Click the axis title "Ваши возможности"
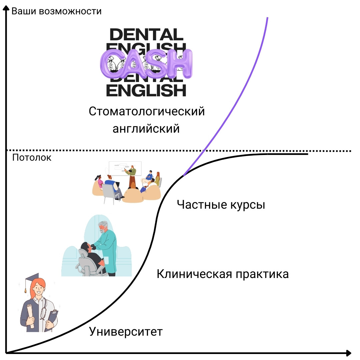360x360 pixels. point(56,11)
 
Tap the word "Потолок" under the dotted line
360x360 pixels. point(32,158)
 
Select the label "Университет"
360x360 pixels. point(126,332)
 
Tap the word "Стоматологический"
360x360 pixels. point(147,111)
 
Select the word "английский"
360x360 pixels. point(146,128)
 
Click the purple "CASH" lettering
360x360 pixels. point(146,63)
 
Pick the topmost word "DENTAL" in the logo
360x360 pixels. point(146,34)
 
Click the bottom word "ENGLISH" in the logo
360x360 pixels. point(146,90)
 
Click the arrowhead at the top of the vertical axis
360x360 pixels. point(6,10)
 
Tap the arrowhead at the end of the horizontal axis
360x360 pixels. point(348,353)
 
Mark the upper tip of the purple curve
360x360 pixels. point(267,18)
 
